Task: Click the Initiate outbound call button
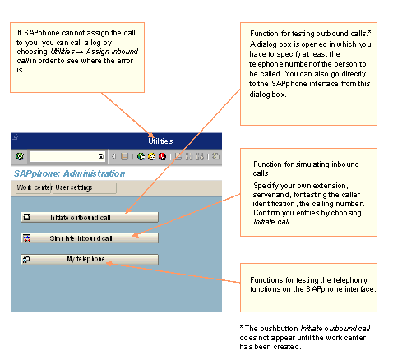(88, 217)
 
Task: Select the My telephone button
(88, 260)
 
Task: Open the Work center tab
(34, 187)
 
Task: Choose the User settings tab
(73, 187)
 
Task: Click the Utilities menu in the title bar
(160, 141)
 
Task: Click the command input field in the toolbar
(66, 155)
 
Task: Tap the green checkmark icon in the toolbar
(19, 155)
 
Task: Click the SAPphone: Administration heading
(69, 173)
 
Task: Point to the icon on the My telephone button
(27, 260)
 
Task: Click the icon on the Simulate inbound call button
(27, 238)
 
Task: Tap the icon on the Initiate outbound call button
(27, 217)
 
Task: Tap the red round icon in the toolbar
(163, 155)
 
